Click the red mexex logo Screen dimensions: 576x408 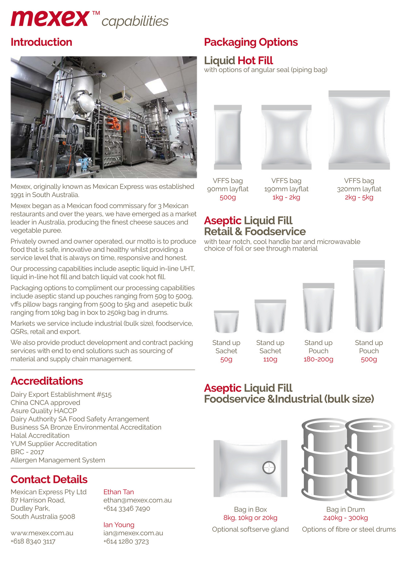click(x=50, y=19)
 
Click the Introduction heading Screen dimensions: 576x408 click(x=41, y=42)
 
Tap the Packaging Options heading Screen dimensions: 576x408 click(x=251, y=42)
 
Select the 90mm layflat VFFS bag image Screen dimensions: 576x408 click(x=228, y=137)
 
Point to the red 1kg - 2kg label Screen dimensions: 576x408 click(x=286, y=197)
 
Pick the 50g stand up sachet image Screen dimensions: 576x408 click(x=226, y=322)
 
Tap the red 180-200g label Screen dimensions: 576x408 click(x=318, y=359)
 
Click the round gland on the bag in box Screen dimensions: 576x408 click(x=269, y=467)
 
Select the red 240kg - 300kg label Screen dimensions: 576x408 click(x=345, y=518)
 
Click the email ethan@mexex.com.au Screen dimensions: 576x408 click(x=137, y=500)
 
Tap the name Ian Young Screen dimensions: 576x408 click(x=119, y=525)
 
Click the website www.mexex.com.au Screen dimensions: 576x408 click(x=42, y=533)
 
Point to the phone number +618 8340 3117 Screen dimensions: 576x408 click(x=33, y=541)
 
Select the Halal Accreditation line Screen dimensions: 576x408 click(x=40, y=435)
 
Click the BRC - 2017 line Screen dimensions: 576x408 click(x=27, y=452)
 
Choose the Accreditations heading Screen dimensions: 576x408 click(x=47, y=381)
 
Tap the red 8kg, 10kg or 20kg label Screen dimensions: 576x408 click(x=250, y=518)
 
